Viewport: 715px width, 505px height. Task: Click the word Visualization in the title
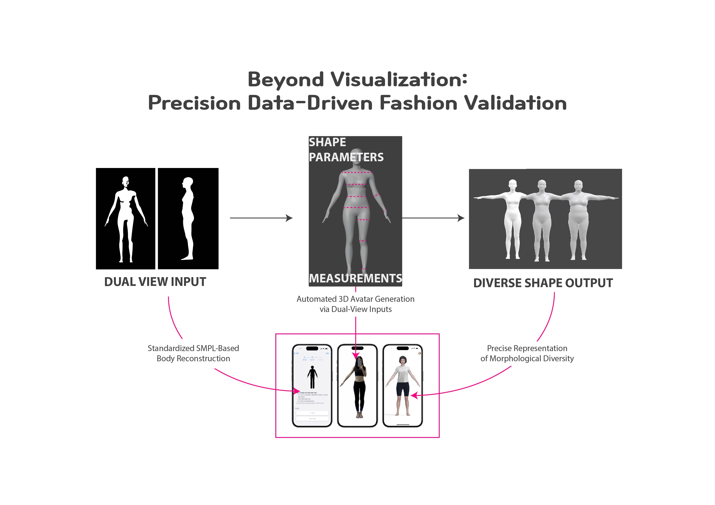click(399, 79)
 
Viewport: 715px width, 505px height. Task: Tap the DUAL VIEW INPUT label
click(155, 282)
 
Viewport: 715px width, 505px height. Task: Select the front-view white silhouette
click(126, 218)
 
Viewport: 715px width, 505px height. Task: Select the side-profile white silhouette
click(188, 218)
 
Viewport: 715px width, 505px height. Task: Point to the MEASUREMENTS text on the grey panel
click(355, 278)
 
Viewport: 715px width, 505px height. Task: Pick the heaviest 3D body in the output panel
click(578, 218)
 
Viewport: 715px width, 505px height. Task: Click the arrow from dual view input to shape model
click(261, 218)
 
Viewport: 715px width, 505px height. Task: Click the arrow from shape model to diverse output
click(433, 218)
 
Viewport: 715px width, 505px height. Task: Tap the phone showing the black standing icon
click(312, 386)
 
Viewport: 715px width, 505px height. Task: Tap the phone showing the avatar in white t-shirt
click(402, 386)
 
